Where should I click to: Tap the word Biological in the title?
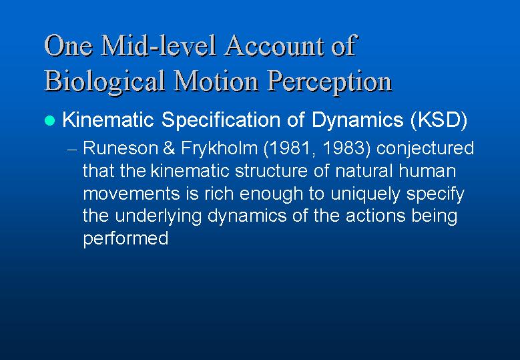click(105, 81)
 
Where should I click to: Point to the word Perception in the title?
click(330, 81)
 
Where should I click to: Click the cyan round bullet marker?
click(50, 120)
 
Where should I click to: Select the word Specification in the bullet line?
click(220, 120)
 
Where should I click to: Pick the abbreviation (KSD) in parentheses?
click(439, 120)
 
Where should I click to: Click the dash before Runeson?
click(72, 150)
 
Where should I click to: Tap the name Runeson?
click(120, 148)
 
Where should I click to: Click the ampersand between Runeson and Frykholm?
click(169, 148)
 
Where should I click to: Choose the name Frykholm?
click(219, 149)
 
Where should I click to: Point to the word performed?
click(125, 238)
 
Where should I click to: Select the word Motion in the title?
click(216, 81)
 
